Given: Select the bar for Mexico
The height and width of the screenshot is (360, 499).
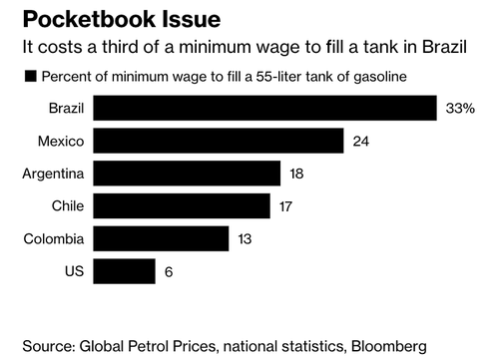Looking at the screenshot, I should point(220,141).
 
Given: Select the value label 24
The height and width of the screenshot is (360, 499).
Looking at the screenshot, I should point(361,141).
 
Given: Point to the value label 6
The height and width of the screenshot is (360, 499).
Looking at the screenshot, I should point(170,271).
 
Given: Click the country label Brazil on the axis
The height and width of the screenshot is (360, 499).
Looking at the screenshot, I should point(65,108).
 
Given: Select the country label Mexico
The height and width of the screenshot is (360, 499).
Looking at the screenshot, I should point(61,141).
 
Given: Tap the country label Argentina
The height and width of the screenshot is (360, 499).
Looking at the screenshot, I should point(54,174).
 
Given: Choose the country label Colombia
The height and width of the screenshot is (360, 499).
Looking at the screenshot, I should point(55,238).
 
